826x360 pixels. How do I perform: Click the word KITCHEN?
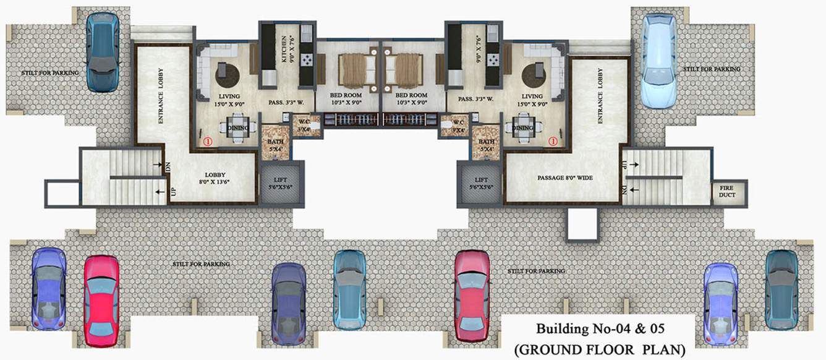coord(284,47)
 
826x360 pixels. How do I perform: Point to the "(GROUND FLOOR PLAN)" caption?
coord(600,349)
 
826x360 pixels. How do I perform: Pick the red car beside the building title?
coord(472,295)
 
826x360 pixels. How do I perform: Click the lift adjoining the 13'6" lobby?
coord(281,184)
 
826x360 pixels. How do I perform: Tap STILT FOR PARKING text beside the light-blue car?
coord(712,69)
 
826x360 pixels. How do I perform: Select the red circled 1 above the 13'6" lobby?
coord(208,141)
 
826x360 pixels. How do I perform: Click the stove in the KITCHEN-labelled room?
coord(306,59)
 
